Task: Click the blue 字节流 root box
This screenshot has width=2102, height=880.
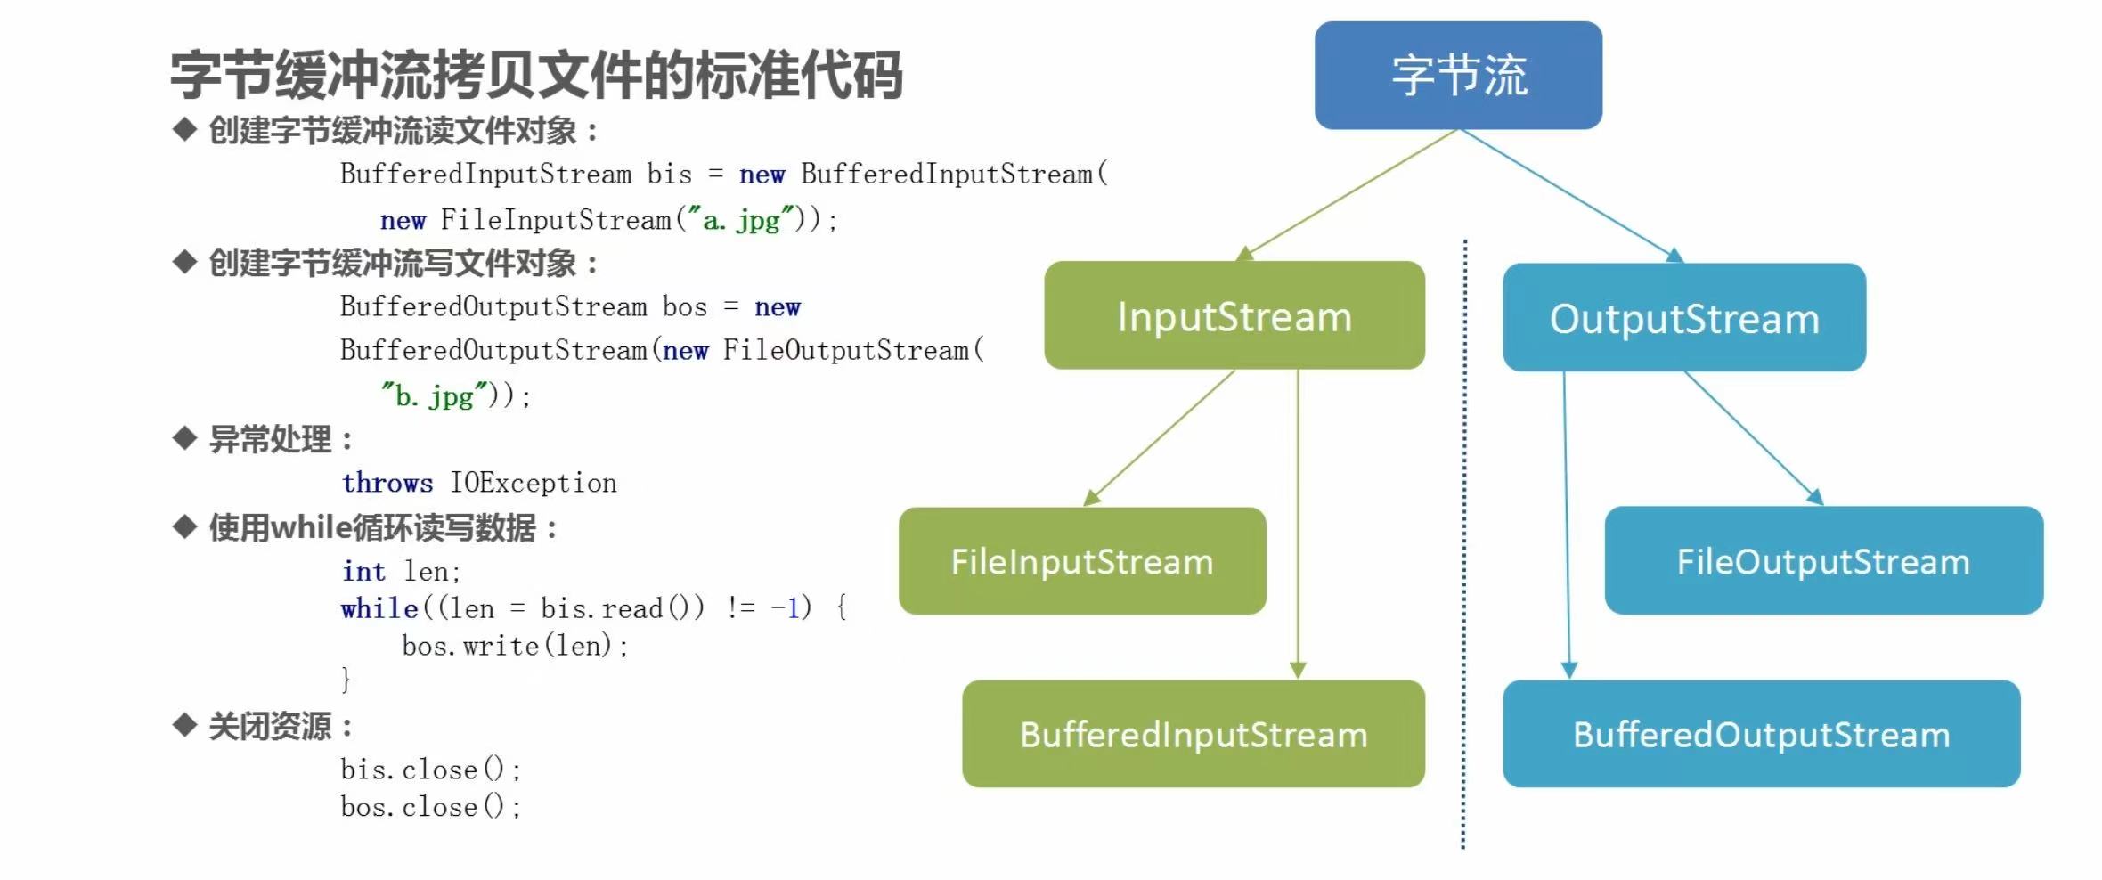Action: (x=1458, y=76)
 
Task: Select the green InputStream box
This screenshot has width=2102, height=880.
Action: (x=1234, y=315)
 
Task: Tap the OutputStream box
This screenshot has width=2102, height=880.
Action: (x=1684, y=317)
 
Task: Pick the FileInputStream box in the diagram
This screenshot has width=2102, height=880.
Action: (x=1082, y=561)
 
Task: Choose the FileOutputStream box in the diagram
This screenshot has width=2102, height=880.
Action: (x=1824, y=560)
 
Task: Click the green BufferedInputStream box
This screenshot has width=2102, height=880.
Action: (x=1194, y=734)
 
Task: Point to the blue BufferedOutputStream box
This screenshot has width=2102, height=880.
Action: (x=1761, y=734)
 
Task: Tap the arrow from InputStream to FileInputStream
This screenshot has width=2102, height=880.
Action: (x=1159, y=438)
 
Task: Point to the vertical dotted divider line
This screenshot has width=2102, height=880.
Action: (x=1463, y=544)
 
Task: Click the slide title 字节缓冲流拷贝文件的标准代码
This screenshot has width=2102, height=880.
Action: (x=536, y=75)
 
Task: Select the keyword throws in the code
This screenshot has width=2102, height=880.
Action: (x=387, y=483)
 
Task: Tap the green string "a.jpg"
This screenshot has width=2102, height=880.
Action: (x=741, y=219)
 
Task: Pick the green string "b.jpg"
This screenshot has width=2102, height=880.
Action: (x=435, y=395)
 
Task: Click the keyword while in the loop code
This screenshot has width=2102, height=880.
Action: (x=379, y=608)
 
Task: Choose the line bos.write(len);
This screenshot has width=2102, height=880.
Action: (x=515, y=646)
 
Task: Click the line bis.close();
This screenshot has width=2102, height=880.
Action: (x=430, y=770)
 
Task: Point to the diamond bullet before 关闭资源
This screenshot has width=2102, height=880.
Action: (x=184, y=725)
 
